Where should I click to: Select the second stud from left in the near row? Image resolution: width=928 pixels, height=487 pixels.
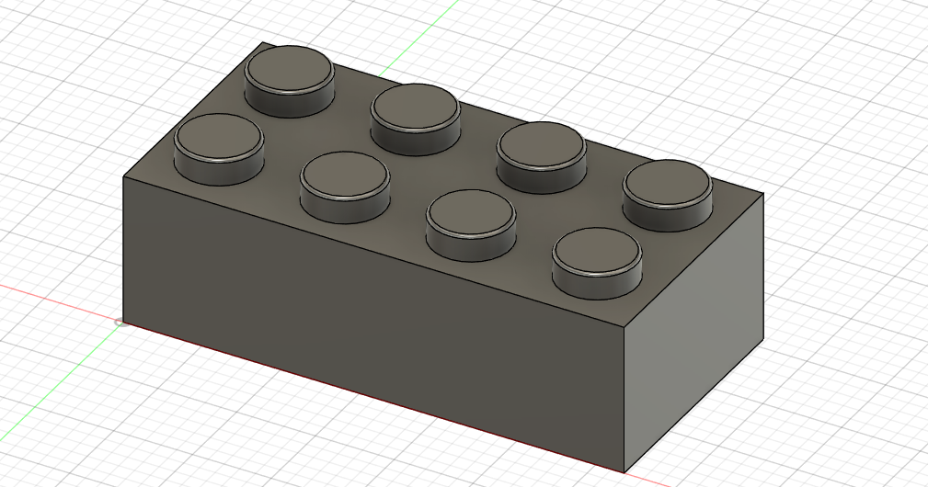click(x=345, y=176)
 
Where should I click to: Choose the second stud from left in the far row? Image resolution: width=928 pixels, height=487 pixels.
click(x=415, y=108)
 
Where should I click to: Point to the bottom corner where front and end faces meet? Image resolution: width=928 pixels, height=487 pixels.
click(x=625, y=472)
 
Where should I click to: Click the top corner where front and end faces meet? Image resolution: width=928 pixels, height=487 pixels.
click(x=625, y=326)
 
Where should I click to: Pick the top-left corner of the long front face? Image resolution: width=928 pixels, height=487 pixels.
click(x=124, y=176)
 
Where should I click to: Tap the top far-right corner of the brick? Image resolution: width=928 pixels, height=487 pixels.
click(x=762, y=194)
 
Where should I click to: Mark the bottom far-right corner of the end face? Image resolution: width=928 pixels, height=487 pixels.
click(x=762, y=342)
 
